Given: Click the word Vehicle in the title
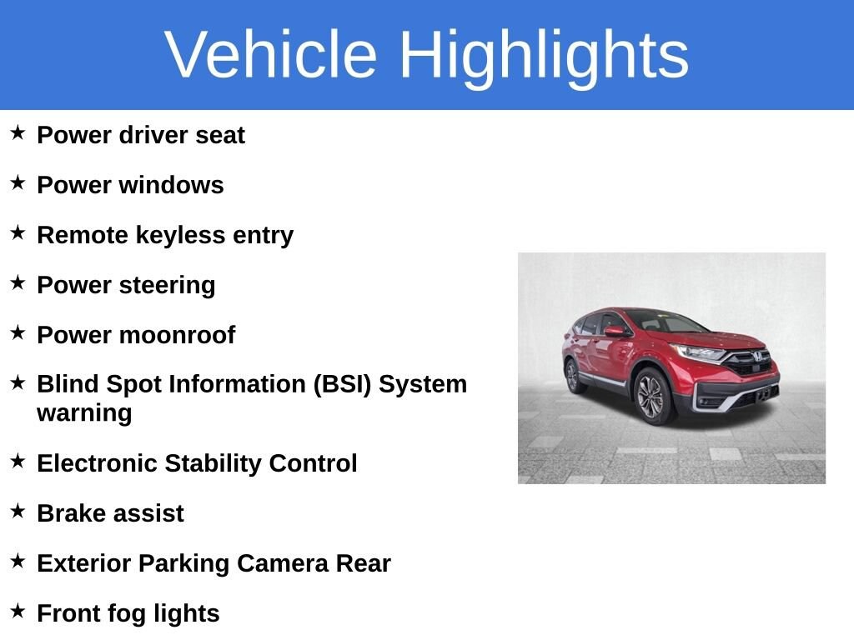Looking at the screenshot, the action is coord(271,54).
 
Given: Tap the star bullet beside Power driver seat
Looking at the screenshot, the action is coord(18,132).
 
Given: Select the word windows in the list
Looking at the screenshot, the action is coord(171,185).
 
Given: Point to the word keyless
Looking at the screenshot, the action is coord(180,236).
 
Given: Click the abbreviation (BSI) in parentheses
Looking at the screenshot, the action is coord(342,384).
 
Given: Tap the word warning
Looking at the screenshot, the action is coord(84,413).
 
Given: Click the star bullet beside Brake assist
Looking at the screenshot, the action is coord(18,511).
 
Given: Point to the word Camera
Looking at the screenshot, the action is coord(283,563).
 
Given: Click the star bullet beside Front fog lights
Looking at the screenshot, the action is coord(18,611).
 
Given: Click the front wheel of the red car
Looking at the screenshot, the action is coord(652,396).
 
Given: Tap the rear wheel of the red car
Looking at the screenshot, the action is coord(573,375).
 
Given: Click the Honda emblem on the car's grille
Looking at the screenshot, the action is coord(757,357).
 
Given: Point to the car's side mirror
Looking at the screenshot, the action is coord(615,331).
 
